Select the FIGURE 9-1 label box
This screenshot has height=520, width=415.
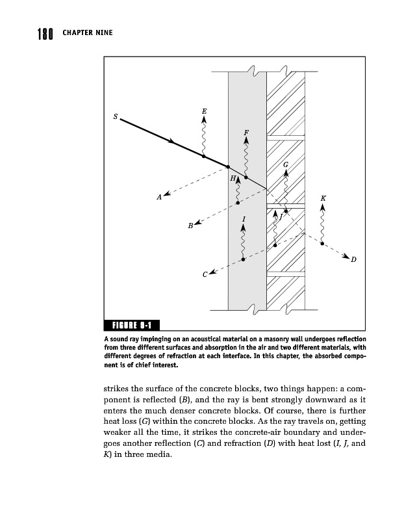pos(132,326)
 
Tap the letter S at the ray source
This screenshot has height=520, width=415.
pos(115,117)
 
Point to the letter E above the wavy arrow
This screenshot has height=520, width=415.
pos(204,111)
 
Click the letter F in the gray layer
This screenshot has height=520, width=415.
pos(246,133)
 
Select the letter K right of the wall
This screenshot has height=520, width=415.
pos(323,198)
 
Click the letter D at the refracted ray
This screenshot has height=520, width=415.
pos(353,260)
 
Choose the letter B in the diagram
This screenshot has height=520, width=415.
pos(190,226)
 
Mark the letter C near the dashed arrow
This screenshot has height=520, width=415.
pos(205,275)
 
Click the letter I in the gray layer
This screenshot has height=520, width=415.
pos(243,219)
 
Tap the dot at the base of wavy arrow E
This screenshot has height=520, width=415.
pos(204,157)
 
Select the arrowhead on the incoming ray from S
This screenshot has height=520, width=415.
pos(173,142)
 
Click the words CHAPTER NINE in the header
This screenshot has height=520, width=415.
pos(88,32)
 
